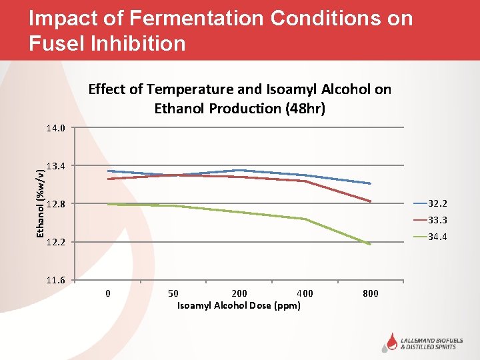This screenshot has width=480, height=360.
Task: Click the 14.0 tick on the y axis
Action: pos(56,127)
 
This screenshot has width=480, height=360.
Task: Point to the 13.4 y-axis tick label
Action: pos(56,165)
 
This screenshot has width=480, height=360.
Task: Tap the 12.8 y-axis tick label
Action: pos(56,204)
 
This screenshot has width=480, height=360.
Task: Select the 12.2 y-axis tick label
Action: pos(56,242)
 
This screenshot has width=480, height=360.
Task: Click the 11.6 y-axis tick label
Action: pos(56,280)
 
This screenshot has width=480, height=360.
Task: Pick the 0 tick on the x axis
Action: pos(108,293)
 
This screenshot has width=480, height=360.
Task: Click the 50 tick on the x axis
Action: pos(173,293)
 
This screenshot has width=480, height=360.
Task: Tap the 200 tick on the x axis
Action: pos(239,293)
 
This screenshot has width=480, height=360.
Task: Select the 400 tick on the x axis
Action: pos(305,293)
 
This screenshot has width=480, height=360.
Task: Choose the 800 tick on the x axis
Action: pos(371,293)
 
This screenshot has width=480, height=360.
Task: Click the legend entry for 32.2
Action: pos(437,203)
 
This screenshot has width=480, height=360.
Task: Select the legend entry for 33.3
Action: pos(437,220)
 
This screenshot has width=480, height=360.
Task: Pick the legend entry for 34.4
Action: pos(437,237)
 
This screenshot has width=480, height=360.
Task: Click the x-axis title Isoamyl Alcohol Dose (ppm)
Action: pos(239,305)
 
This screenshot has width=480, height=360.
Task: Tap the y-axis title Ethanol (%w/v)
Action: pos(41,203)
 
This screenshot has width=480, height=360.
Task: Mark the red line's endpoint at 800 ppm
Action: pos(370,201)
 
